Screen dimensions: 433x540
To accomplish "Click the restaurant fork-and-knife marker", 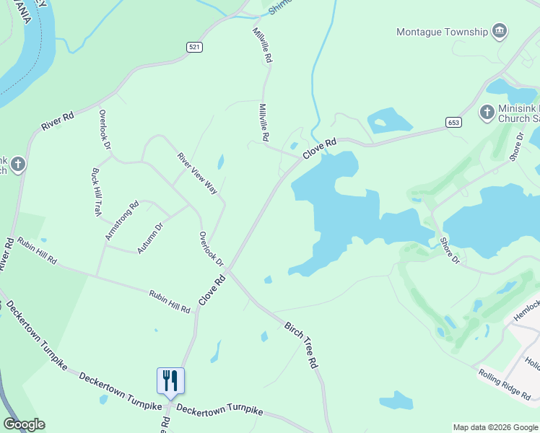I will point(171,380).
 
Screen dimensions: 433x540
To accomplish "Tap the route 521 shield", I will point(192,47).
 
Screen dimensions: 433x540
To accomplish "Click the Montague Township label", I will point(442,32).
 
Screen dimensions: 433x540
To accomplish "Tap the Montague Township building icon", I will point(499,31).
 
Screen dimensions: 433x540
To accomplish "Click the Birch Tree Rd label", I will point(302,345).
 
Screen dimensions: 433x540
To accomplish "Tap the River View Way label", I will point(197,173).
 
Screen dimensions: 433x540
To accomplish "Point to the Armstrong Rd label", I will point(121,221).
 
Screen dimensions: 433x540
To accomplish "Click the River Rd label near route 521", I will point(58,119).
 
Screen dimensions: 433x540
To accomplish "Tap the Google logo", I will point(25,424).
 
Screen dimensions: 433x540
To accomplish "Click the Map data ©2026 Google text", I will point(495,427).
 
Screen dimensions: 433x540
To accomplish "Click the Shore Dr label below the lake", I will point(449,249).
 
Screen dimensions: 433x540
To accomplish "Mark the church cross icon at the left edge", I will point(17,164).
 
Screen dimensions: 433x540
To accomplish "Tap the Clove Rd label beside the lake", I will point(320,149).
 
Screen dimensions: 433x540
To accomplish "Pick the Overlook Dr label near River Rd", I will point(105,129).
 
